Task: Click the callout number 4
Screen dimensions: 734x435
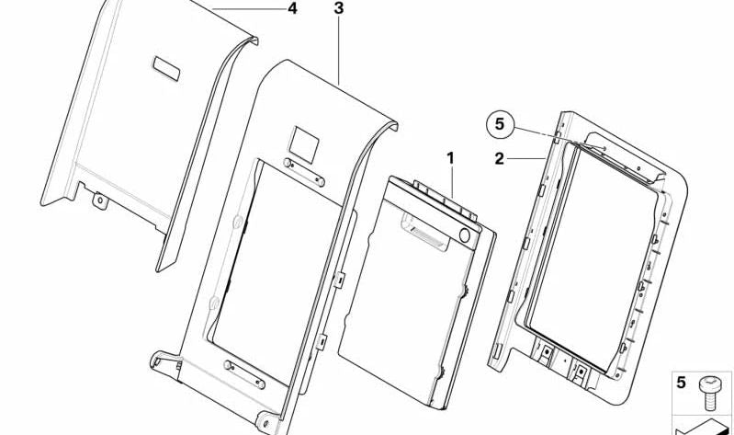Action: tap(292, 8)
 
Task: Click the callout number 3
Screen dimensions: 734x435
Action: tap(338, 8)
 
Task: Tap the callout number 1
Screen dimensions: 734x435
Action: tap(450, 158)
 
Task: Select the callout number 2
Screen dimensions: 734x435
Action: tap(500, 159)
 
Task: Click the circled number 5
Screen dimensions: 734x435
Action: tap(500, 124)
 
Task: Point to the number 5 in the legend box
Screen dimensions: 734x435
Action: tap(681, 383)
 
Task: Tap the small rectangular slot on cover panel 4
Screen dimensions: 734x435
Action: tap(166, 68)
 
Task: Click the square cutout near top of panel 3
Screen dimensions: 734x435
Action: tap(303, 144)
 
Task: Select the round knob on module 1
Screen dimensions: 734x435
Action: tap(465, 235)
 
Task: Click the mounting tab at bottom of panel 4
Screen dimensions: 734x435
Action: tap(100, 200)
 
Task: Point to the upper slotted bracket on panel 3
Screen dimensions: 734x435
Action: tap(304, 172)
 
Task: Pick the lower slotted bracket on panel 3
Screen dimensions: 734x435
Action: tap(244, 374)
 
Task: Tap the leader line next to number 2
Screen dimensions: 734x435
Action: tap(525, 159)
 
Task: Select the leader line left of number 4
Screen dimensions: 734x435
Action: tap(249, 9)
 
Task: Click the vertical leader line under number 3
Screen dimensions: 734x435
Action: tap(338, 51)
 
